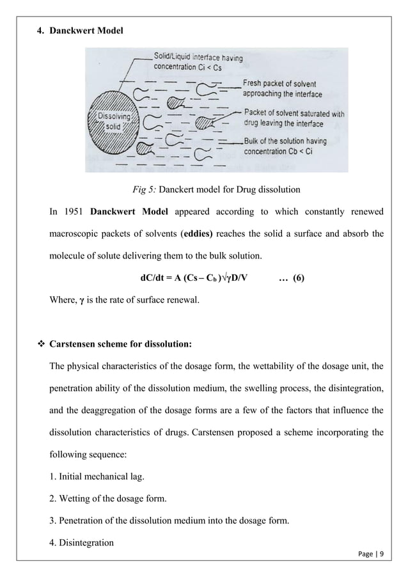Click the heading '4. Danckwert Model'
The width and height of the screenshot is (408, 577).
click(x=72, y=31)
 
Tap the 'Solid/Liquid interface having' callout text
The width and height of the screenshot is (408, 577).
click(x=196, y=58)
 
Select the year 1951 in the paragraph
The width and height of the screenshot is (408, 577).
click(x=75, y=212)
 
